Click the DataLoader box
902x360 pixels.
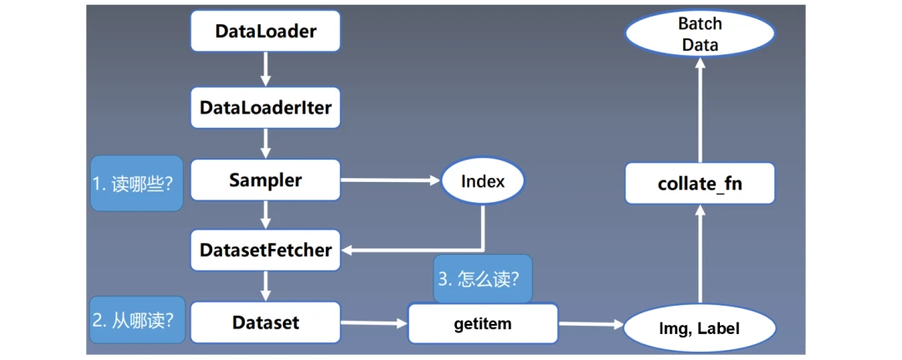pyautogui.click(x=266, y=30)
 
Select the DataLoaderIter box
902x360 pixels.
pyautogui.click(x=266, y=107)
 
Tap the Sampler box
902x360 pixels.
pyautogui.click(x=266, y=180)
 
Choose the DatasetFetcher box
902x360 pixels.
pyautogui.click(x=266, y=251)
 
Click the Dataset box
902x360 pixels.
pyautogui.click(x=266, y=322)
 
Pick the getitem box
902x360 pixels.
pyautogui.click(x=483, y=324)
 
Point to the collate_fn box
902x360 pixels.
pyautogui.click(x=700, y=184)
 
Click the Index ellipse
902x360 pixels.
pyautogui.click(x=483, y=182)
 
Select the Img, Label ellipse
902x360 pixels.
pyautogui.click(x=700, y=328)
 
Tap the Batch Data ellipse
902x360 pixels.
pyautogui.click(x=700, y=34)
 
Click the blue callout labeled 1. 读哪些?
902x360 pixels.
pyautogui.click(x=137, y=184)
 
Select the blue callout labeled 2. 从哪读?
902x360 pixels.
pyautogui.click(x=138, y=320)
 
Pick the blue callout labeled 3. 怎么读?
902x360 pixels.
pyautogui.click(x=483, y=279)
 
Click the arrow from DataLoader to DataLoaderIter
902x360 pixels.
pyautogui.click(x=266, y=69)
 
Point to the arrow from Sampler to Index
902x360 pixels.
pyautogui.click(x=391, y=180)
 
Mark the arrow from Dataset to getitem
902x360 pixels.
pyautogui.click(x=374, y=323)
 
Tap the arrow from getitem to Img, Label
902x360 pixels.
pyautogui.click(x=591, y=325)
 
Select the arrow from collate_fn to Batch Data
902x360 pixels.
pyautogui.click(x=700, y=110)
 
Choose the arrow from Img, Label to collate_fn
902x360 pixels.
pyautogui.click(x=700, y=255)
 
